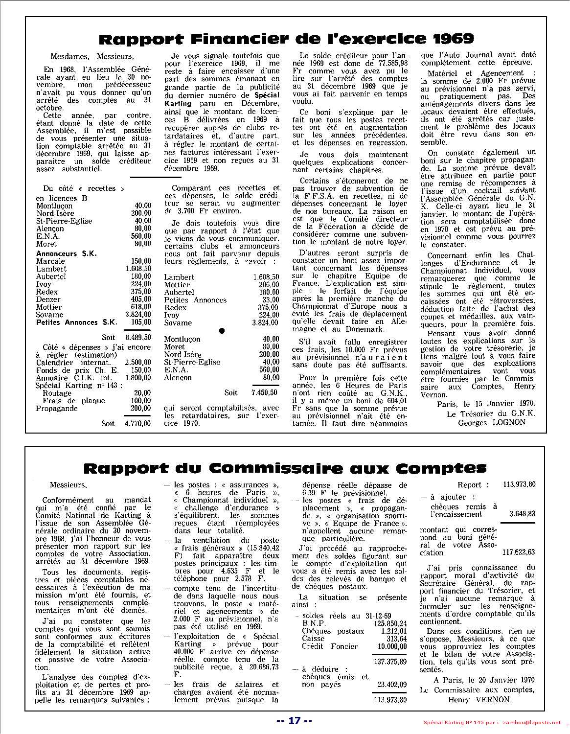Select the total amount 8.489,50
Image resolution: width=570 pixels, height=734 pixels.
point(138,338)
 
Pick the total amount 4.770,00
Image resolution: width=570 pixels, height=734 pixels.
point(138,423)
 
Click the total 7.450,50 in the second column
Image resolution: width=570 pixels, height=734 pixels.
point(265,392)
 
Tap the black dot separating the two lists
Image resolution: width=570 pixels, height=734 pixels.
point(222,331)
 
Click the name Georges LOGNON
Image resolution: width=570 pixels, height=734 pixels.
point(492,422)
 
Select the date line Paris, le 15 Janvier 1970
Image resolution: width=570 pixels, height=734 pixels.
point(486,404)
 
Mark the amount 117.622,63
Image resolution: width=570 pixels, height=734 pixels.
point(519,552)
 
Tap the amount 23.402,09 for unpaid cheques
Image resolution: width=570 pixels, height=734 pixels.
point(389,685)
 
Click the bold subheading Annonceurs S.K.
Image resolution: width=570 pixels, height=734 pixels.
point(67,253)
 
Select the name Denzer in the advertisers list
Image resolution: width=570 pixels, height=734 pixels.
point(48,299)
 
